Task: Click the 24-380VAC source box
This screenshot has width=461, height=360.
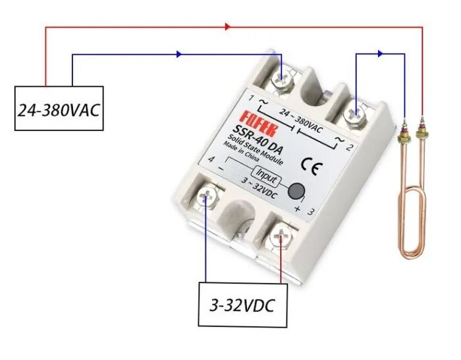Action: pyautogui.click(x=59, y=108)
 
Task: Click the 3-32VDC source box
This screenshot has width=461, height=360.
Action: pyautogui.click(x=243, y=305)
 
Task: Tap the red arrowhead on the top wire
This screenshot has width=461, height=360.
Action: pyautogui.click(x=227, y=27)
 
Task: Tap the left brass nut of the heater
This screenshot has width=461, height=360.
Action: pyautogui.click(x=403, y=136)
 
